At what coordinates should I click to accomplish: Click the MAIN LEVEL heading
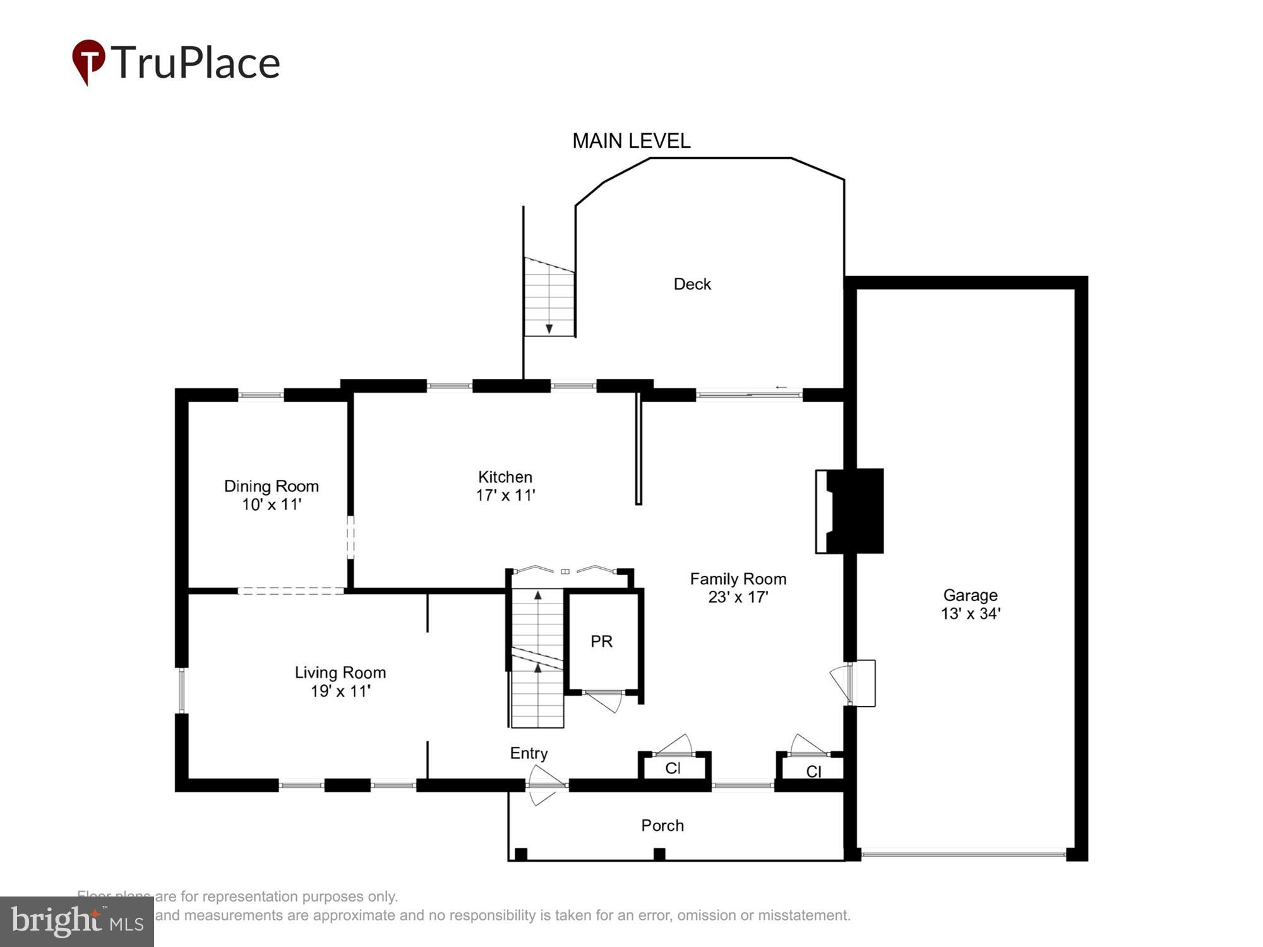point(631,141)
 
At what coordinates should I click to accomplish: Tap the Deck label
point(692,284)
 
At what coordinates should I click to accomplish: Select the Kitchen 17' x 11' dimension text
point(505,496)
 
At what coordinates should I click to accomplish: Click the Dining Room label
point(272,486)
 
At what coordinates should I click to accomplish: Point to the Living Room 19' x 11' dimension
point(340,691)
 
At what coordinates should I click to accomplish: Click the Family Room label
point(738,579)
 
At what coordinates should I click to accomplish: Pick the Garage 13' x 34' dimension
point(971,614)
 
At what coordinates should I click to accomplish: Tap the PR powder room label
point(601,641)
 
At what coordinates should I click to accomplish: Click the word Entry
point(529,753)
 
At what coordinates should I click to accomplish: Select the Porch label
point(662,826)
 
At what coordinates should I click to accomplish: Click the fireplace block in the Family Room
point(856,511)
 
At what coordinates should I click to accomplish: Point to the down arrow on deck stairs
point(549,328)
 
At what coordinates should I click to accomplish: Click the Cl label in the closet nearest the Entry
point(673,768)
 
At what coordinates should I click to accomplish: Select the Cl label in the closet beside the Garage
point(813,771)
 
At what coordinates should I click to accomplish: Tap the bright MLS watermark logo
point(77,922)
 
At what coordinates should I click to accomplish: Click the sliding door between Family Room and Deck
point(749,395)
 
